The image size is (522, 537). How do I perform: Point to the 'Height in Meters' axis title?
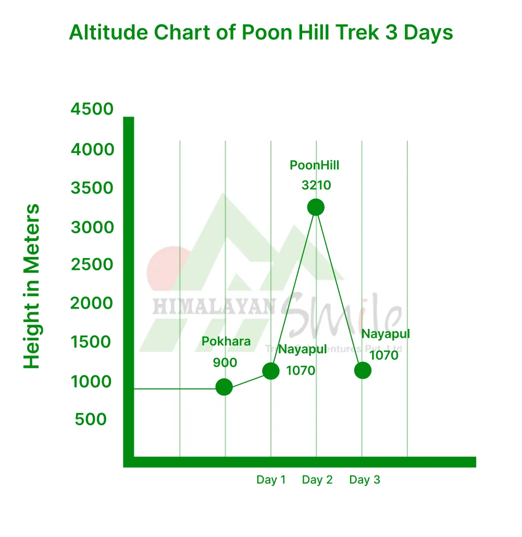coord(32,287)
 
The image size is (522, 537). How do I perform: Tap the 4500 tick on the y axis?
coord(92,109)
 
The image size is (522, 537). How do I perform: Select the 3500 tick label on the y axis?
coord(92,188)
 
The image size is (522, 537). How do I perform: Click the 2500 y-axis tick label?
coord(92,265)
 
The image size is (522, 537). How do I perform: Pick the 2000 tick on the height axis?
coord(92,303)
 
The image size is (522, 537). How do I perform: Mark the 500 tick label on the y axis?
coord(91,419)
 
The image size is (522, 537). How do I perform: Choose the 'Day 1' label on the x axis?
coord(271,480)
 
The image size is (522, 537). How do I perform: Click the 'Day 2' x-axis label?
coord(317,480)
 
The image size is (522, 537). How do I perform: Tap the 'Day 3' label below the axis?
coord(365,480)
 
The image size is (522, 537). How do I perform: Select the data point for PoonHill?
coord(316,207)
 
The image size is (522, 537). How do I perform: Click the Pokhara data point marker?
coord(224,387)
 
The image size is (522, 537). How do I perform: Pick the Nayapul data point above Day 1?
coord(271,370)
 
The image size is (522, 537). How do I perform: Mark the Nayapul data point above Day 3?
coord(363,370)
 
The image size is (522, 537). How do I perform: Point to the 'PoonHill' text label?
coord(315,165)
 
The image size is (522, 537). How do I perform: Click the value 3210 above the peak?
coord(316,185)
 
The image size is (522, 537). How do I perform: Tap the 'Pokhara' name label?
coord(226,342)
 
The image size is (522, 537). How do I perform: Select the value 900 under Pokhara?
coord(225,363)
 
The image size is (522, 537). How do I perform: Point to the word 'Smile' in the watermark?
coord(344,315)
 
